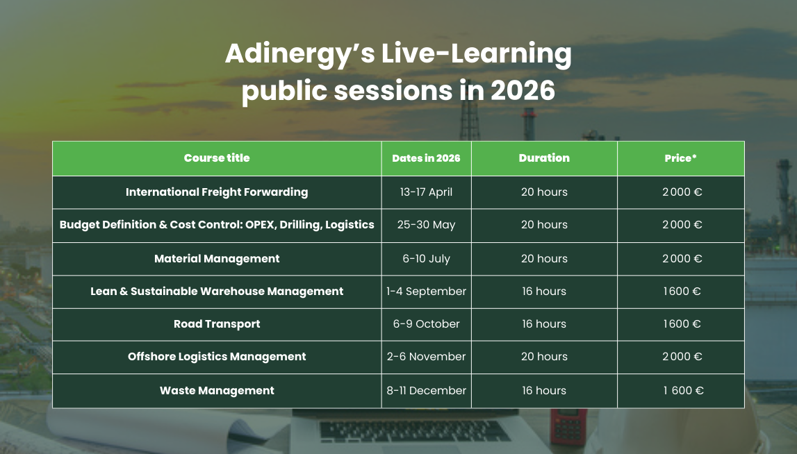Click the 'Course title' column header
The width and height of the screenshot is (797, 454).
217,158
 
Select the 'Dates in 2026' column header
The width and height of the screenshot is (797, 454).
426,158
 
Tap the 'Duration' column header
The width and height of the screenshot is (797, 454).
544,158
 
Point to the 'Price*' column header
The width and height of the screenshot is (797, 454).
680,158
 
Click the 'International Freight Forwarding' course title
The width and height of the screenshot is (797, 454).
217,192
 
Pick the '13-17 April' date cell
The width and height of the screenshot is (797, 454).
426,192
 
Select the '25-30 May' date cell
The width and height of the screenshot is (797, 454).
426,224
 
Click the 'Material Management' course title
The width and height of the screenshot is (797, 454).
217,258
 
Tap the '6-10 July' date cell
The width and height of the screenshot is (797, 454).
426,258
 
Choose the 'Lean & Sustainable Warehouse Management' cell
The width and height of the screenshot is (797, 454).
217,291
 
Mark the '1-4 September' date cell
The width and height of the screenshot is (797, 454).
426,291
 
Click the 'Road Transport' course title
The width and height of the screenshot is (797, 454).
217,324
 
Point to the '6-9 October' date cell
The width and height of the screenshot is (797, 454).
426,324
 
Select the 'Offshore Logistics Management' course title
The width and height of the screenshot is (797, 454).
217,357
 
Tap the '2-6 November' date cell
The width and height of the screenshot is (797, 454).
426,357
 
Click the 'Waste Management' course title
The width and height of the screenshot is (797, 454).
217,391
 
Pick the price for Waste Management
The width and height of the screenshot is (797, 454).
683,391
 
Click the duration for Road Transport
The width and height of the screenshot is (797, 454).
544,324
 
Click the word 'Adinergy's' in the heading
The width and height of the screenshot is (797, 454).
300,54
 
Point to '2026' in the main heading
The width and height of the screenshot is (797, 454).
523,91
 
